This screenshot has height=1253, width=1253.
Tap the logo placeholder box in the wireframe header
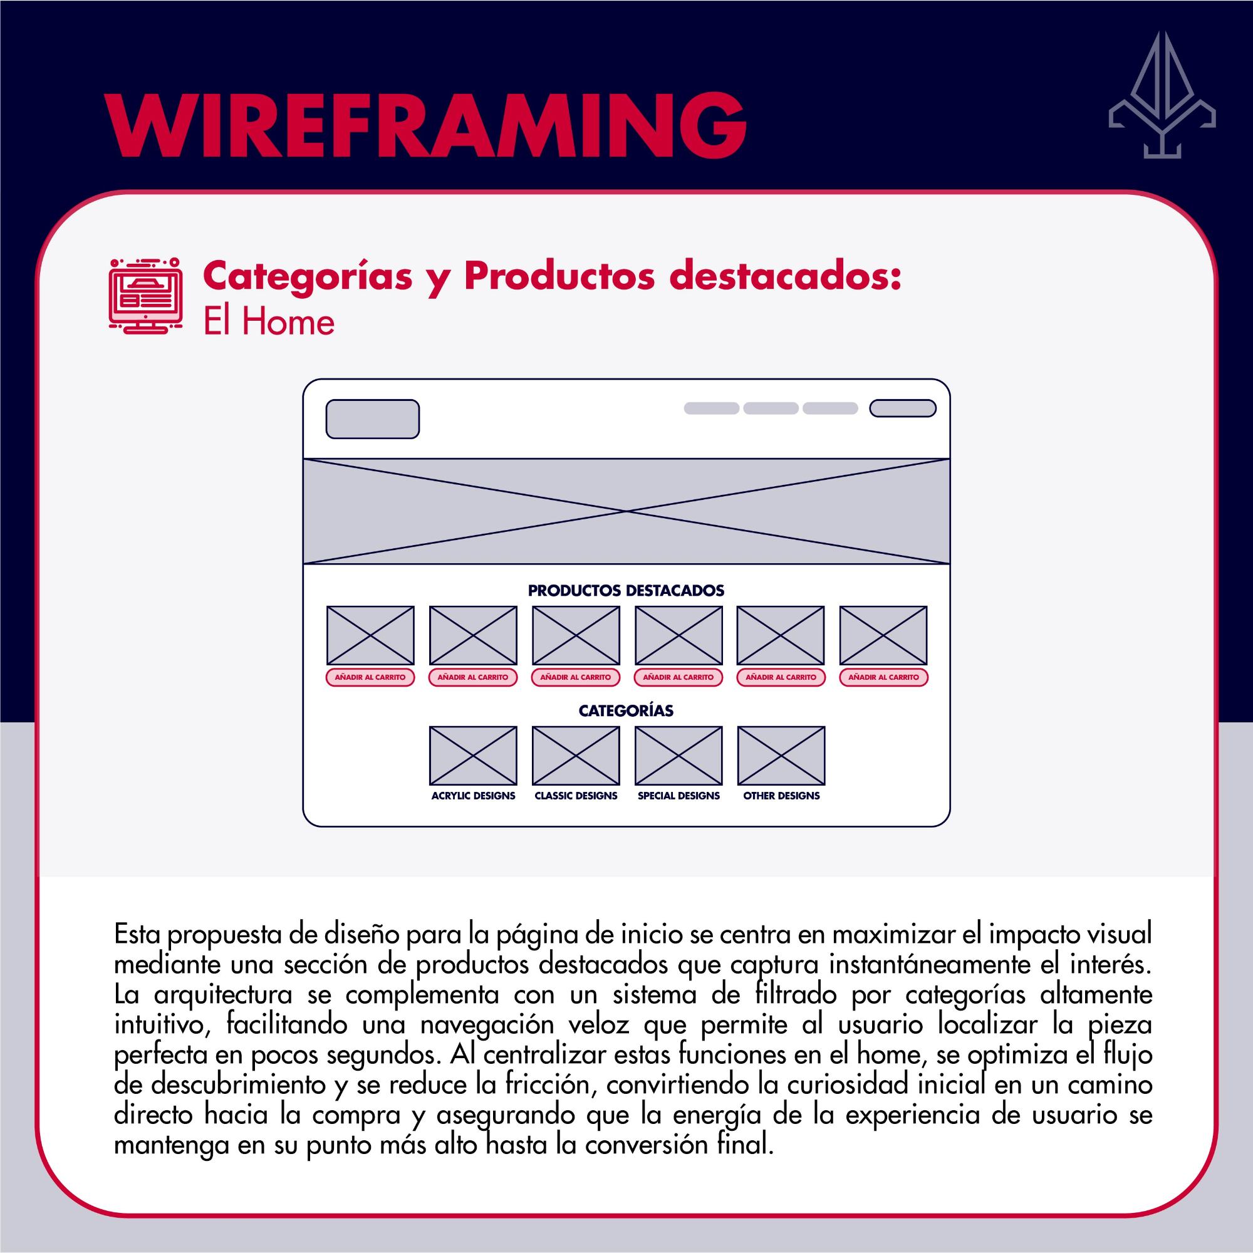click(x=372, y=419)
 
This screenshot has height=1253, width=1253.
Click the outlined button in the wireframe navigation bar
click(x=903, y=408)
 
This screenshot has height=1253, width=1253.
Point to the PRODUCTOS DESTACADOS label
click(x=626, y=591)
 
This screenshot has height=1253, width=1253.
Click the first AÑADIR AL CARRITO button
click(x=370, y=677)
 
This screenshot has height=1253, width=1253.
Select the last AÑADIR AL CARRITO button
click(x=883, y=677)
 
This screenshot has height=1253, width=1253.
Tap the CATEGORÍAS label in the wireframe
click(x=626, y=711)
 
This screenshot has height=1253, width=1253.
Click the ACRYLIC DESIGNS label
click(x=474, y=796)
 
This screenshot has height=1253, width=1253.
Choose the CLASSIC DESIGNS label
click(x=576, y=796)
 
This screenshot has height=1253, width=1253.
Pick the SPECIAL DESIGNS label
click(x=678, y=796)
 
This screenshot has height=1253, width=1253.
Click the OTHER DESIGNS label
click(x=781, y=796)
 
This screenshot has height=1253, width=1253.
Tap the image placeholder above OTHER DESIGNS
click(x=781, y=756)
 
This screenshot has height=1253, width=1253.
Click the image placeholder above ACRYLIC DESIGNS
click(x=474, y=756)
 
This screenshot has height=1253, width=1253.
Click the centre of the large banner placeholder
click(x=626, y=512)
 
